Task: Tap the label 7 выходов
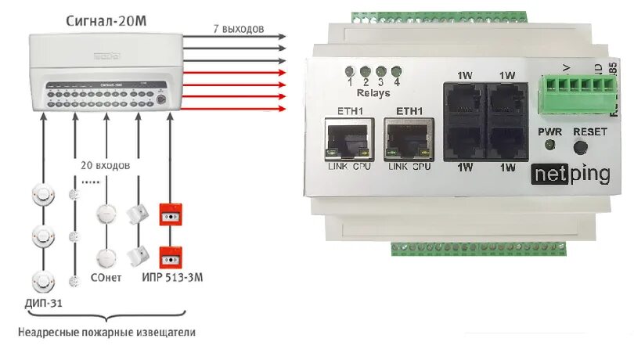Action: (x=239, y=29)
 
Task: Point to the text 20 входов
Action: (x=105, y=167)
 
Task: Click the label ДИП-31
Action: (x=41, y=302)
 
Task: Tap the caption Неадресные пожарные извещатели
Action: (x=106, y=332)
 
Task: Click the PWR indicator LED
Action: (x=550, y=146)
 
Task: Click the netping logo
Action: (x=571, y=174)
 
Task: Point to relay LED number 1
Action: (x=351, y=71)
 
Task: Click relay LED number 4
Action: (x=397, y=71)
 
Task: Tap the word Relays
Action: (x=373, y=92)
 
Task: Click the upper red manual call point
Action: (x=170, y=213)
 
